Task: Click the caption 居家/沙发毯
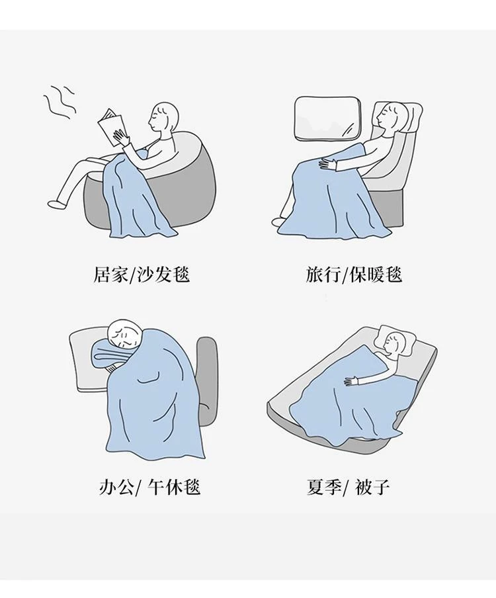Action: pyautogui.click(x=142, y=275)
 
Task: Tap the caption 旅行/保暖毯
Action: pyautogui.click(x=354, y=275)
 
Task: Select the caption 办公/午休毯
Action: pyautogui.click(x=150, y=487)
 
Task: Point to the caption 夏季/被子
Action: pyautogui.click(x=348, y=487)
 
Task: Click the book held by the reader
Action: pyautogui.click(x=111, y=127)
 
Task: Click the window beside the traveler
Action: pyautogui.click(x=327, y=118)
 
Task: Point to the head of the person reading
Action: pyautogui.click(x=163, y=116)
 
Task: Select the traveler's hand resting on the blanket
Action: pyautogui.click(x=329, y=163)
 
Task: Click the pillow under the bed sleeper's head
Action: pyautogui.click(x=396, y=339)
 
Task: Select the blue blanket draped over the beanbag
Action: pyautogui.click(x=138, y=194)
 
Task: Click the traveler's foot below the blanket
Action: pyautogui.click(x=279, y=222)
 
